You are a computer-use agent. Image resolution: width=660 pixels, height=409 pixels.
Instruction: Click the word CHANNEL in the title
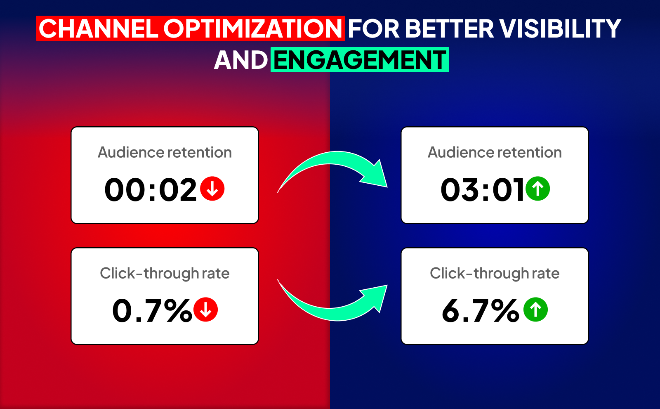(x=99, y=28)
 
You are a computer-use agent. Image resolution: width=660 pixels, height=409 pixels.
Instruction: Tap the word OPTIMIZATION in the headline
(x=252, y=28)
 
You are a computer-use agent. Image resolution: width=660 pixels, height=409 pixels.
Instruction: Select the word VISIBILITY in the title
(x=561, y=28)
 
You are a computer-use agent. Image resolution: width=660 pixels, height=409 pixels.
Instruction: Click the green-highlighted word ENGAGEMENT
(x=360, y=60)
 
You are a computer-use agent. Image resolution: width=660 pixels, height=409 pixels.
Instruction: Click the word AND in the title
(x=240, y=60)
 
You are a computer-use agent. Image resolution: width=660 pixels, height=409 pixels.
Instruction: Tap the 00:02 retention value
(x=151, y=189)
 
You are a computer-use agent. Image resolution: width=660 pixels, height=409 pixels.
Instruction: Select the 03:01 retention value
(x=482, y=189)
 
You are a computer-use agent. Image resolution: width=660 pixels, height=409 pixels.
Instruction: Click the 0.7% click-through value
(x=152, y=310)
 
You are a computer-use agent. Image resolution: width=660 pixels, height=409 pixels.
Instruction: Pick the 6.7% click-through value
(x=480, y=310)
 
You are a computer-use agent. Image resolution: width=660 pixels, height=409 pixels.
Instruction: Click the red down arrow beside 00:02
(x=212, y=189)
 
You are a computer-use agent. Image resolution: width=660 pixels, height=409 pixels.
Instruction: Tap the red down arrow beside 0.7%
(x=206, y=310)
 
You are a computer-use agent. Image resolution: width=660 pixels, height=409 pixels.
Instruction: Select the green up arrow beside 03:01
(x=538, y=189)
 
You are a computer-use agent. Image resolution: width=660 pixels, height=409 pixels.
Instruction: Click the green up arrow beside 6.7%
(x=536, y=310)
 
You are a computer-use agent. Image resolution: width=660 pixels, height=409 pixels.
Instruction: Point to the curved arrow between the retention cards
(x=333, y=158)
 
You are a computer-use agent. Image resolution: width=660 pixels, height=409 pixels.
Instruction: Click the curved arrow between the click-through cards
(x=333, y=314)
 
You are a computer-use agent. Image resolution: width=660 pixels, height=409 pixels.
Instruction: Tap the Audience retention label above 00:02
(x=165, y=152)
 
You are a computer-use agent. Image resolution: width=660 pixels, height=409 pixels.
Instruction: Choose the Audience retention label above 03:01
(x=495, y=152)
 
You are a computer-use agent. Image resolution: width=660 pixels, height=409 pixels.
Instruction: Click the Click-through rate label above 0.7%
(x=165, y=273)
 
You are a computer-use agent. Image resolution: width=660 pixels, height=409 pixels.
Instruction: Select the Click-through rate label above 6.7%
(x=495, y=273)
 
